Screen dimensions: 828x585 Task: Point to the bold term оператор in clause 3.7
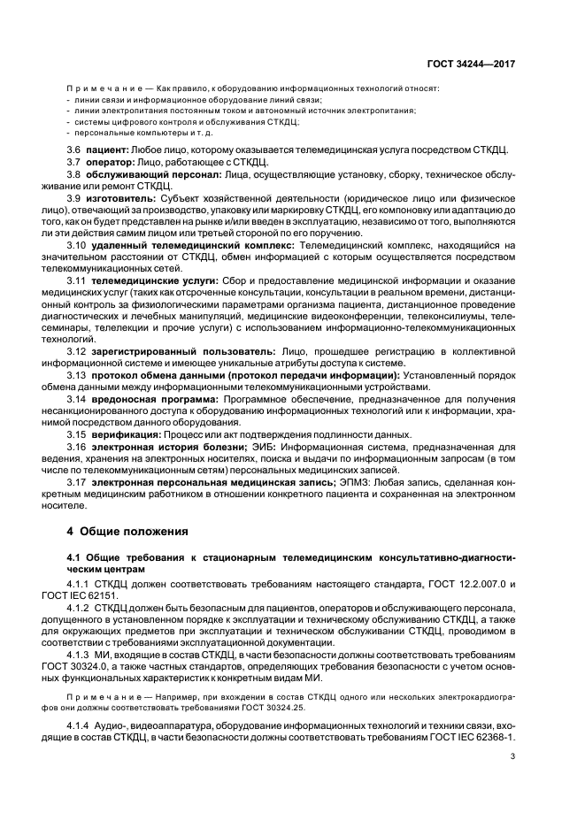111,165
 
